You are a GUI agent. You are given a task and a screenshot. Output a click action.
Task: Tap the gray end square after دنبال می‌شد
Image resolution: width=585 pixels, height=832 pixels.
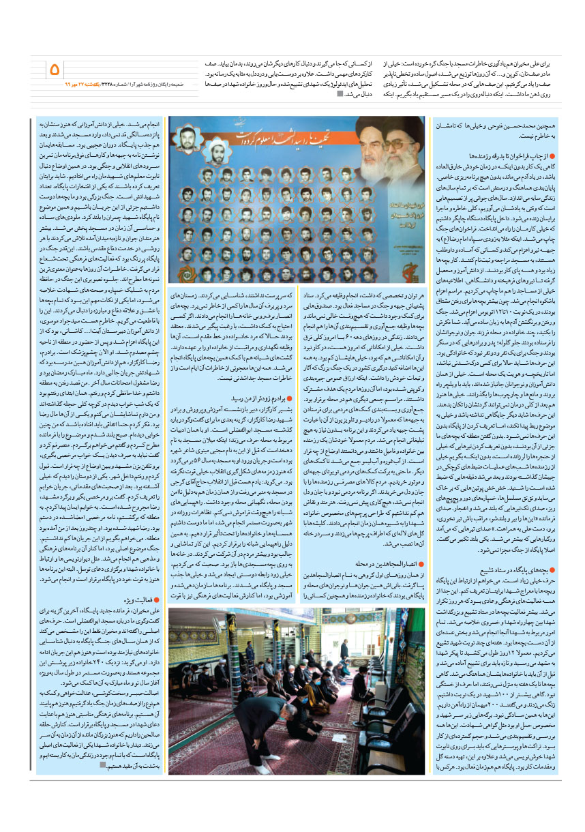pos(340,94)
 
